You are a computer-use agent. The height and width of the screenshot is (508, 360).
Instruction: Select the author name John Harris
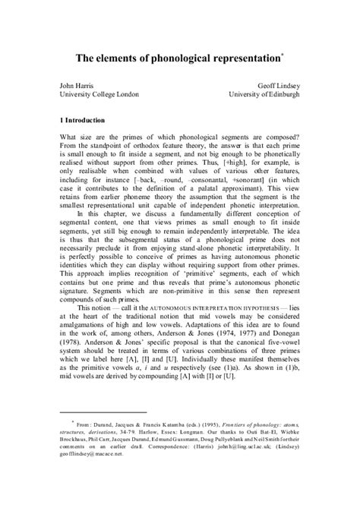79,87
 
